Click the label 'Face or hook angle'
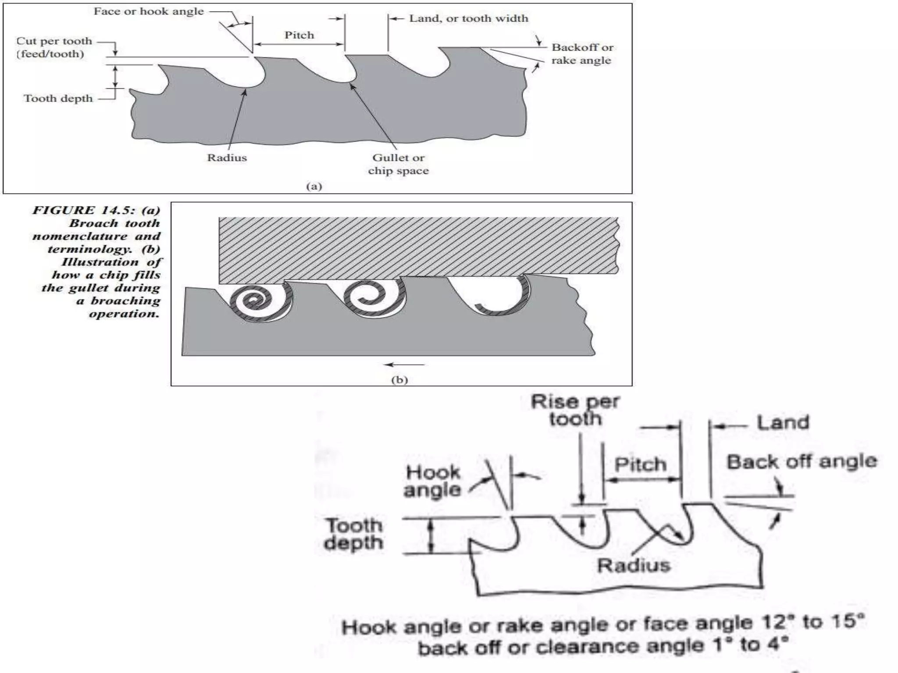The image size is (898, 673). (149, 11)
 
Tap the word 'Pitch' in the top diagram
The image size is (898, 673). (299, 35)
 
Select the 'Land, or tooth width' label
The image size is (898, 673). (468, 18)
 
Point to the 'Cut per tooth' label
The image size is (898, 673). (54, 41)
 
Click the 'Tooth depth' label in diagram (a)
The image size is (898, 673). (58, 98)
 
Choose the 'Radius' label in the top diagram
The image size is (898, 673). (227, 158)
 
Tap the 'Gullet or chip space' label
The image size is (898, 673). (398, 164)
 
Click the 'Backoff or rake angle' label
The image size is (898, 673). (582, 54)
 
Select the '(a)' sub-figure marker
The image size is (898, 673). (314, 186)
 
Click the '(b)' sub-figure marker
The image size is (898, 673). (399, 379)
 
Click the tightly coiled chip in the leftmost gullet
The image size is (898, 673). (257, 302)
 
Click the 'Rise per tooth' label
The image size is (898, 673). (574, 410)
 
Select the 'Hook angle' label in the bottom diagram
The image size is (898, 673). (432, 481)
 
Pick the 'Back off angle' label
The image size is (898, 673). (802, 461)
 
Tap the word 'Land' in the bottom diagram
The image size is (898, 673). (783, 423)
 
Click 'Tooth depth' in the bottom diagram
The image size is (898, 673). (353, 534)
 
